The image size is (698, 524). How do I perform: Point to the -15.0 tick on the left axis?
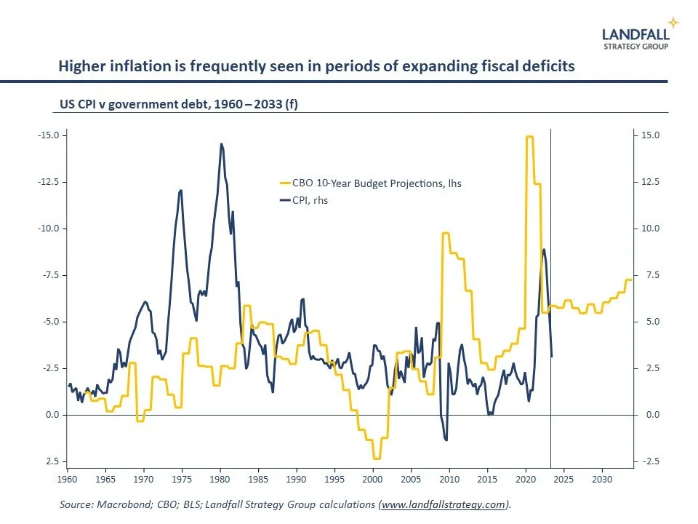point(47,135)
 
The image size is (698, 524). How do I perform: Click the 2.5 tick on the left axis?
point(51,461)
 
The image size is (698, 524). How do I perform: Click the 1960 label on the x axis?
point(67,480)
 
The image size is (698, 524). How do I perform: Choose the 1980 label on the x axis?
point(220,480)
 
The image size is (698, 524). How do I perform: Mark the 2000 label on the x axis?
point(372,480)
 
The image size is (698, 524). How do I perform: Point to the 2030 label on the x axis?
point(601,480)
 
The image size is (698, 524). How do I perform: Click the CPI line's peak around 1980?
point(221,144)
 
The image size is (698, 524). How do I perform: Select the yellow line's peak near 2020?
point(529,137)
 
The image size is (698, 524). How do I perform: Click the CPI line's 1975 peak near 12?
point(180,190)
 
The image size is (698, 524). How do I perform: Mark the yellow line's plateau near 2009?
point(446,233)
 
